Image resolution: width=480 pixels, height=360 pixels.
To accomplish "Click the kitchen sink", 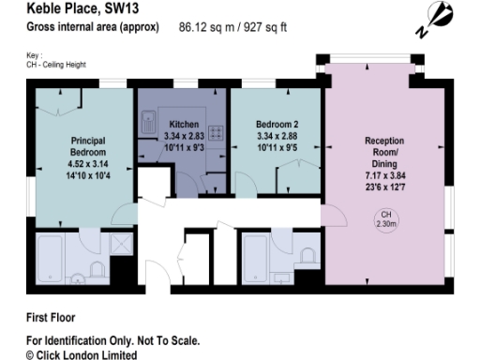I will [x=148, y=121].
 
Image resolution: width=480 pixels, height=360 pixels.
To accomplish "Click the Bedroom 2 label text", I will [x=276, y=124].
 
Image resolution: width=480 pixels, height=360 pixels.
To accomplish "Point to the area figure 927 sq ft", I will [x=262, y=27].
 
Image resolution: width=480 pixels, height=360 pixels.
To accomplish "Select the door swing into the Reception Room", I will [x=333, y=213].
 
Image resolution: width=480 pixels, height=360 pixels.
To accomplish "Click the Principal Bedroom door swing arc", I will [x=123, y=215].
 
